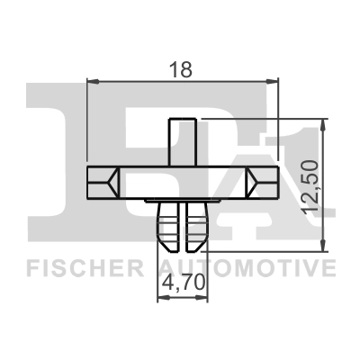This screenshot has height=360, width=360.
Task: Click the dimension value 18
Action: (x=183, y=67)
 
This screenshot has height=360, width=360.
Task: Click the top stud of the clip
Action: (x=183, y=139)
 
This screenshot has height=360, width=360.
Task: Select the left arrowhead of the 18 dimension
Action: (x=91, y=81)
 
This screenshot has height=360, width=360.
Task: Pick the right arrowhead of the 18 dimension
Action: (x=276, y=81)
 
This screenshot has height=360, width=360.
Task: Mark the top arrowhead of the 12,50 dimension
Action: (x=322, y=122)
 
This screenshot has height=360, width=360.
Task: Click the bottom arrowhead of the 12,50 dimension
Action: (x=322, y=246)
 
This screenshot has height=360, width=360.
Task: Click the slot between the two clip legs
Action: (x=183, y=229)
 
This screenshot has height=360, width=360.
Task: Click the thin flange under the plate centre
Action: (x=183, y=200)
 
